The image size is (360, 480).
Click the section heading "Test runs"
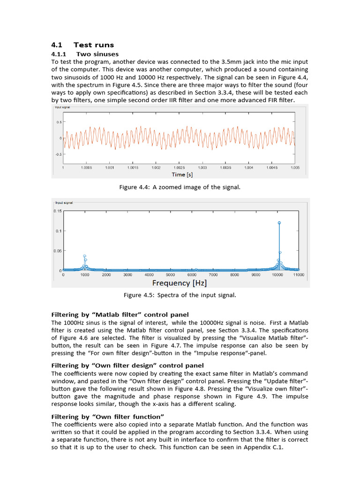pyautogui.click(x=94, y=45)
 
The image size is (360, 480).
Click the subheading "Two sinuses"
pyautogui.click(x=97, y=54)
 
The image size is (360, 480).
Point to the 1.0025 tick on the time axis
pyautogui.click(x=179, y=167)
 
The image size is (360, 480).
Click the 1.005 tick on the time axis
pyautogui.click(x=295, y=167)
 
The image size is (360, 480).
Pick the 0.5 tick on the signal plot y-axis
pyautogui.click(x=59, y=122)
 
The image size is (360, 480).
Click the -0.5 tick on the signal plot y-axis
pyautogui.click(x=58, y=154)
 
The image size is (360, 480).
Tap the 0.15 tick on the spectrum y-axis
pyautogui.click(x=57, y=211)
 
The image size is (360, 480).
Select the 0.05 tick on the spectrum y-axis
pyautogui.click(x=57, y=251)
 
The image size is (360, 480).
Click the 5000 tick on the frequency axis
pyautogui.click(x=171, y=275)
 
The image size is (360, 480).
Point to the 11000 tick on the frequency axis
pyautogui.click(x=299, y=275)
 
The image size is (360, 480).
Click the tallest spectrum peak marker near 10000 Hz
pyautogui.click(x=279, y=223)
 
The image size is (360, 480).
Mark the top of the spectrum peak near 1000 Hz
pyautogui.click(x=84, y=256)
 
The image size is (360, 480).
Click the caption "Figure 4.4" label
pyautogui.click(x=135, y=187)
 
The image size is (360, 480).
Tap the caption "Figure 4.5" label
pyautogui.click(x=139, y=295)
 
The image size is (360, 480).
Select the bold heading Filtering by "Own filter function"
pyautogui.click(x=107, y=417)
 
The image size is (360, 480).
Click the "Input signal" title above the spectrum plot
pyautogui.click(x=64, y=203)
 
